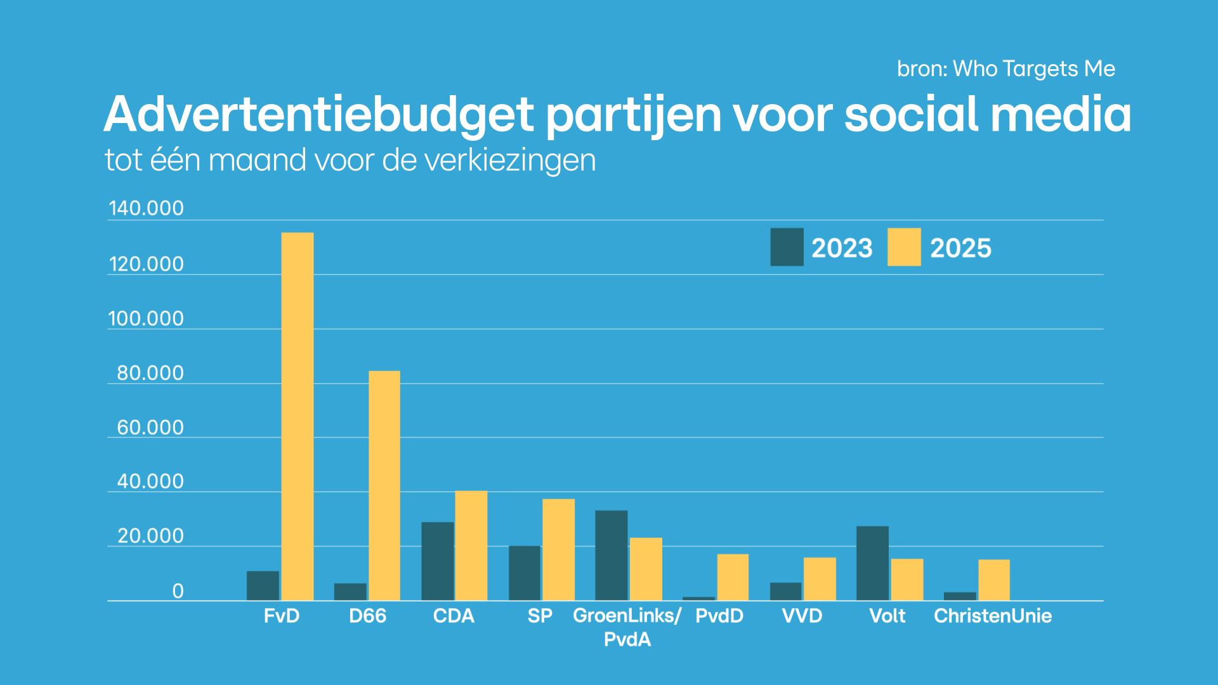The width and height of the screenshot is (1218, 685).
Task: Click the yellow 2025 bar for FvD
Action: coord(298,416)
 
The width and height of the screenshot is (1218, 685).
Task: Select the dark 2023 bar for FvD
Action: coord(263,585)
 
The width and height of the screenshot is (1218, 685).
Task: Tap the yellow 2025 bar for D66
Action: coord(384,485)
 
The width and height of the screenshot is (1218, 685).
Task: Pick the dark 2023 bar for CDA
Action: coord(438,561)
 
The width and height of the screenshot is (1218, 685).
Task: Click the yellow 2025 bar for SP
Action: coord(558,549)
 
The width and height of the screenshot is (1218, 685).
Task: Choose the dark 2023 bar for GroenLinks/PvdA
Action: coord(612,555)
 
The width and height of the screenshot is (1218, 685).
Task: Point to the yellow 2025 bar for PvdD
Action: coord(733,577)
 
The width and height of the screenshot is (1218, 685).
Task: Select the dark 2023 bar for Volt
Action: coord(872,563)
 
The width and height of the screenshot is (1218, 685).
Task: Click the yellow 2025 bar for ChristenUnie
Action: coord(994,580)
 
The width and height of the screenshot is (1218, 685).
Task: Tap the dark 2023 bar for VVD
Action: coord(786,591)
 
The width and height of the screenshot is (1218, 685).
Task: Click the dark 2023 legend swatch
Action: coord(787,247)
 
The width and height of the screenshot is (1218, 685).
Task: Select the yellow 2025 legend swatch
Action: coord(904,247)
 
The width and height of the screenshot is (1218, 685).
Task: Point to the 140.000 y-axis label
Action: coord(146,208)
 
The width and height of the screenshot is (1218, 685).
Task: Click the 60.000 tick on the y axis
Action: coord(150,427)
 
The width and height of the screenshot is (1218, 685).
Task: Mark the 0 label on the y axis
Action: coord(178,591)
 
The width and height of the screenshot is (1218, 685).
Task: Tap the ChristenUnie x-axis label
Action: coord(993,616)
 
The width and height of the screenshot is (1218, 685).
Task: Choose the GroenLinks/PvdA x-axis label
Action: coord(627,627)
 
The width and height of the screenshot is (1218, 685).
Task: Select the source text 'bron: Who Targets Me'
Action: coord(1006,68)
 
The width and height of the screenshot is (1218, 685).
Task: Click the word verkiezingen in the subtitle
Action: coord(510,160)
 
